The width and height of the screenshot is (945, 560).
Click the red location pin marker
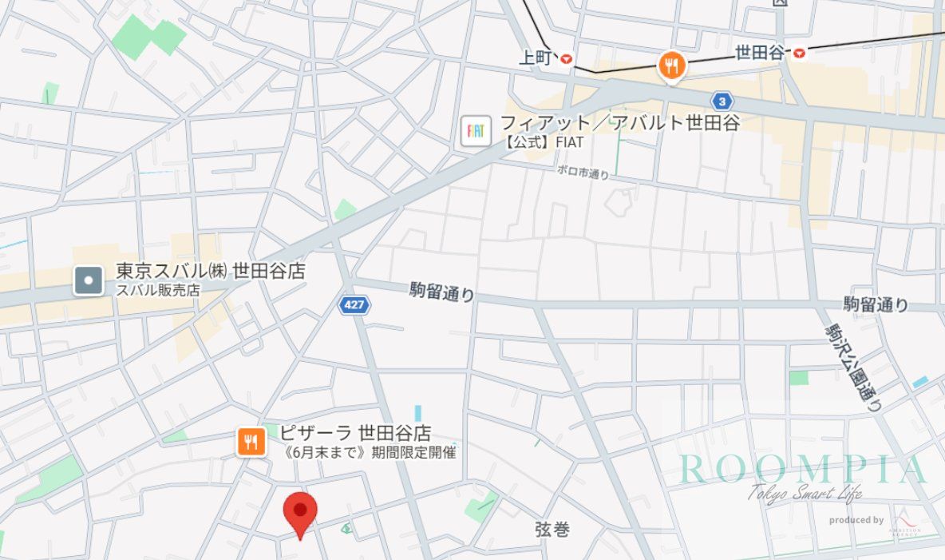pyautogui.click(x=300, y=511)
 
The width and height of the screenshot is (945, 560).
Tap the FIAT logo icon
pyautogui.click(x=476, y=131)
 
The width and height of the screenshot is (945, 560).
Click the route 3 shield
pyautogui.click(x=722, y=101)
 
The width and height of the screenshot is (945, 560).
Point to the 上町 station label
pyautogui.click(x=536, y=58)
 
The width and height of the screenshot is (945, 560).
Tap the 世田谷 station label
pyautogui.click(x=759, y=53)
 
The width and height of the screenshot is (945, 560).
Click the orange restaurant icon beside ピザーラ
pyautogui.click(x=251, y=441)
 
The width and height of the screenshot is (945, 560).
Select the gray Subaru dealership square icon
pyautogui.click(x=89, y=280)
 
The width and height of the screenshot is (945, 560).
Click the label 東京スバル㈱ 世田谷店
pyautogui.click(x=211, y=271)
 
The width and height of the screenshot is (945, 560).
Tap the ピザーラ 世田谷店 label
pyautogui.click(x=354, y=433)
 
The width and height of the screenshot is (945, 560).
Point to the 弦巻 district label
pyautogui.click(x=552, y=529)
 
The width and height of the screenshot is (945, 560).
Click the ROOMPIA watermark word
pyautogui.click(x=805, y=470)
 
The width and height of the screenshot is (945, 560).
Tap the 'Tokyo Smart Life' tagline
pyautogui.click(x=804, y=493)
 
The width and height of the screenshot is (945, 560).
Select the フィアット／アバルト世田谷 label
pyautogui.click(x=619, y=122)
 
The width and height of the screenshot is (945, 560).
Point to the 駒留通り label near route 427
pyautogui.click(x=441, y=292)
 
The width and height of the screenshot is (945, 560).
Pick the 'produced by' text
pyautogui.click(x=856, y=520)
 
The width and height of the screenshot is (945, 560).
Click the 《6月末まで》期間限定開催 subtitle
pyautogui.click(x=370, y=452)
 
